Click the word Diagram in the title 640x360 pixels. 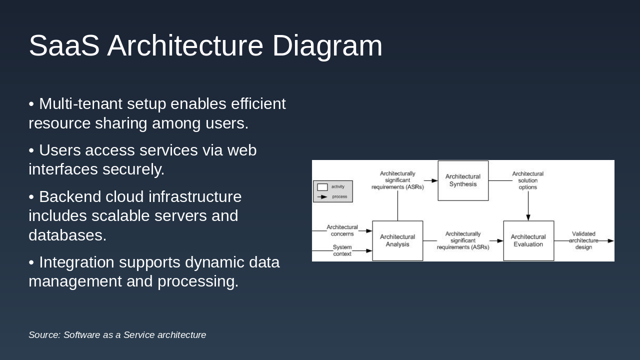click(327, 46)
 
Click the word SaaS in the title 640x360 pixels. click(64, 46)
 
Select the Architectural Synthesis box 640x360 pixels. click(463, 180)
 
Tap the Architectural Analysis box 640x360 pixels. click(397, 240)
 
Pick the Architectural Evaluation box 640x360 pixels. click(528, 240)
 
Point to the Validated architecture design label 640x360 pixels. click(583, 240)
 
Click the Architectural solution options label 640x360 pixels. click(527, 180)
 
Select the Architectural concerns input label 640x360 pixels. click(342, 230)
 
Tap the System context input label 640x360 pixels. click(342, 250)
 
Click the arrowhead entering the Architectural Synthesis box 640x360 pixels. click(434, 180)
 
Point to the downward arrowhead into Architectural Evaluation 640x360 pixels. click(528, 217)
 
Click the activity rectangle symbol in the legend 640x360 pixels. click(322, 187)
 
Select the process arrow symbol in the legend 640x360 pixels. click(322, 196)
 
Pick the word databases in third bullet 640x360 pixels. click(67, 235)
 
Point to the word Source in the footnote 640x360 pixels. click(43, 335)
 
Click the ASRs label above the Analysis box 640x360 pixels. click(397, 180)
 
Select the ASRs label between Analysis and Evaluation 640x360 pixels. click(463, 240)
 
